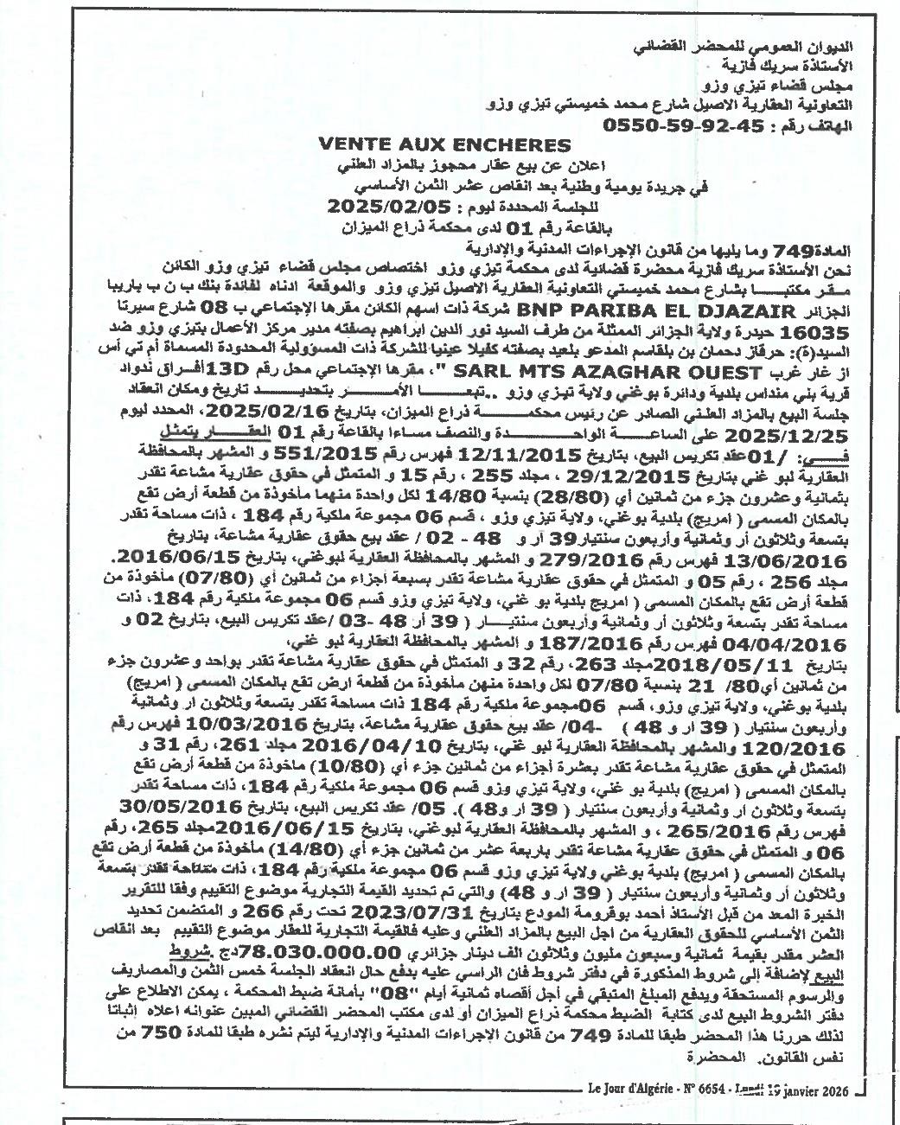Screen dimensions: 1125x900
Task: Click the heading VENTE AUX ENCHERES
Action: click(445, 145)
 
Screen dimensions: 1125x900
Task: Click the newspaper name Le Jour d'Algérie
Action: click(629, 1089)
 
